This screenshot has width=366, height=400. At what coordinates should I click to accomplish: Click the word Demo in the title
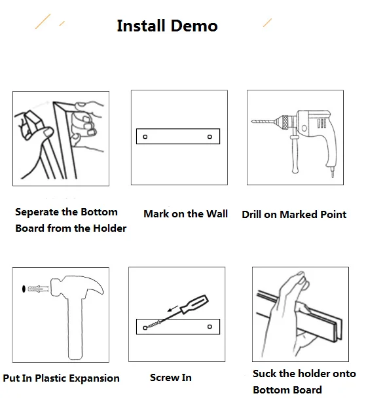pyautogui.click(x=194, y=26)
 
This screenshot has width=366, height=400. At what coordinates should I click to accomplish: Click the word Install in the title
pyautogui.click(x=141, y=26)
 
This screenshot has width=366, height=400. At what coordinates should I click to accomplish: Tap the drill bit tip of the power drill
pyautogui.click(x=252, y=121)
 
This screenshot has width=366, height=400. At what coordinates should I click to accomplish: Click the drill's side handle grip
pyautogui.click(x=295, y=155)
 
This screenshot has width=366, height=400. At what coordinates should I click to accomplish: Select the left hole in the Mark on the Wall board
pyautogui.click(x=145, y=137)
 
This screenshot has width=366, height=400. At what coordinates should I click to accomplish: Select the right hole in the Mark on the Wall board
pyautogui.click(x=210, y=137)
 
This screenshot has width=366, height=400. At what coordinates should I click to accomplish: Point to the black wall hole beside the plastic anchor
pyautogui.click(x=24, y=289)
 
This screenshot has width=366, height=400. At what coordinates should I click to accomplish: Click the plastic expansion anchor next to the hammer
pyautogui.click(x=38, y=289)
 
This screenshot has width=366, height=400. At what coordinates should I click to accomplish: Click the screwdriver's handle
pyautogui.click(x=194, y=304)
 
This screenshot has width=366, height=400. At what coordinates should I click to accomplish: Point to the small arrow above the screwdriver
pyautogui.click(x=173, y=308)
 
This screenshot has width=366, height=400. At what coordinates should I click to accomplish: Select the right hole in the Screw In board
pyautogui.click(x=210, y=327)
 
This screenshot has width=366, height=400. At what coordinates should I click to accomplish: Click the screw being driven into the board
pyautogui.click(x=153, y=325)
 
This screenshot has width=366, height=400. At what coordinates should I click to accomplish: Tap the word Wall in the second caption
pyautogui.click(x=217, y=214)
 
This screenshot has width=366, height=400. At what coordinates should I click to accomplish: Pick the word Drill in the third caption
pyautogui.click(x=251, y=215)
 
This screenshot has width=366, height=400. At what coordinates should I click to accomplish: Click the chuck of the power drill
pyautogui.click(x=285, y=122)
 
